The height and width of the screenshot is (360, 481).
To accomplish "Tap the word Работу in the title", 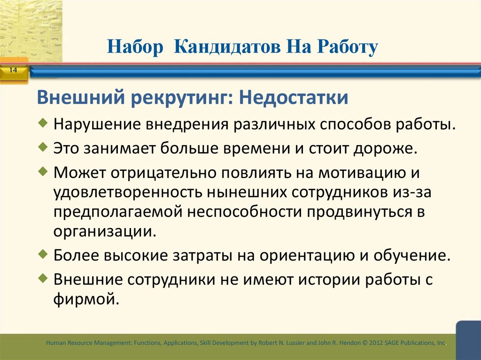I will pos(347,47).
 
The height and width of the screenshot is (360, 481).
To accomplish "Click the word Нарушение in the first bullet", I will pos(97,125).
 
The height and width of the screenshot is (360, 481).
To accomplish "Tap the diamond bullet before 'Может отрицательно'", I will pos(43,170).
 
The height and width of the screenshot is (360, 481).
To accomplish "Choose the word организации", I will pos(103,231).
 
